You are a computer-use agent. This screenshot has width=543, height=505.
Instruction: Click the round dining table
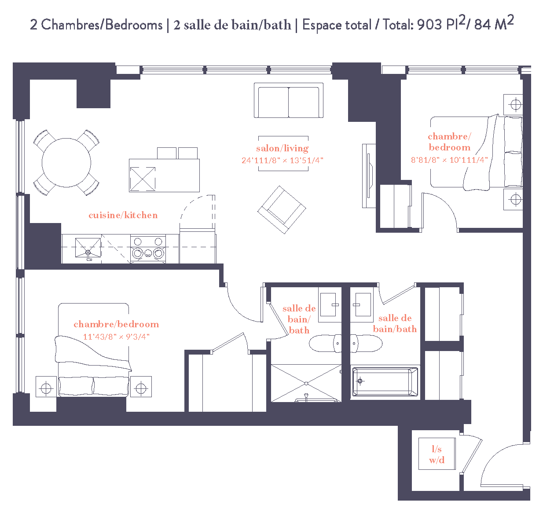[66, 163]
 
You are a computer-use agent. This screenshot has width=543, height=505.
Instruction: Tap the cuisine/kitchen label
[123, 215]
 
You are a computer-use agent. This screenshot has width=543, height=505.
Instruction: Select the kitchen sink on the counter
[88, 249]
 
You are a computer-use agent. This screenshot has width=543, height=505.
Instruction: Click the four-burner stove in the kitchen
[148, 249]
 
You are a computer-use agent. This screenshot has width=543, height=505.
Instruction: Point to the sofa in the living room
[288, 101]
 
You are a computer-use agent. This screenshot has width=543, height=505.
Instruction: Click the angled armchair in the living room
[282, 209]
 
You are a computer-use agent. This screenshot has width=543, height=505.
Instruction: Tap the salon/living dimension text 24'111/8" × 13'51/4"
[282, 161]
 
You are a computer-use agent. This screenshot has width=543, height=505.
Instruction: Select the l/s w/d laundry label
[437, 454]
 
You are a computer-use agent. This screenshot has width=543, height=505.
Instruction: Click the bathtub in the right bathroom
[385, 382]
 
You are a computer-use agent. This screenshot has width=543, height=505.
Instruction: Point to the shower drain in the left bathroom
[306, 384]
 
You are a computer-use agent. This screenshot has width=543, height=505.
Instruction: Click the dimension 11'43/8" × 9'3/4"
[116, 337]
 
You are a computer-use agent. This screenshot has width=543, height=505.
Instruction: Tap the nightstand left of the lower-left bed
[46, 387]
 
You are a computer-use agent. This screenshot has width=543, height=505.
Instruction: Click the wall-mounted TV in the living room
[368, 176]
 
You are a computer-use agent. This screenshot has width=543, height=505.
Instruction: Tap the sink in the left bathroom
[330, 304]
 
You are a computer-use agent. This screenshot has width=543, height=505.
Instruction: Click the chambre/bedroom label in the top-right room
[449, 142]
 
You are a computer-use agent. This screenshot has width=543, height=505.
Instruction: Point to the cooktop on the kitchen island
[143, 179]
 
